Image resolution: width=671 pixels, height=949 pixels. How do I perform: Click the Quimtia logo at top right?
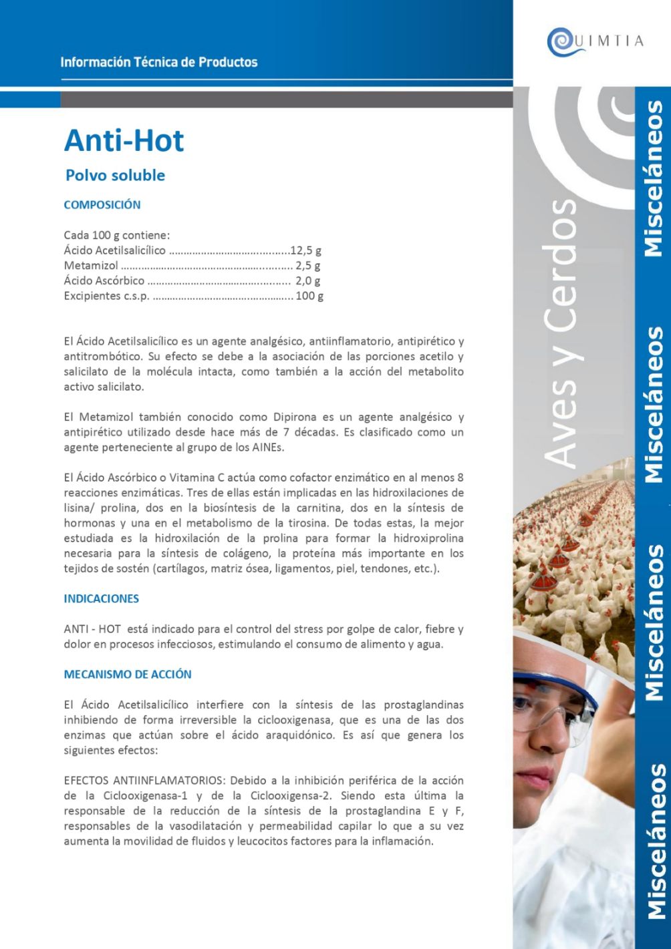coord(594,41)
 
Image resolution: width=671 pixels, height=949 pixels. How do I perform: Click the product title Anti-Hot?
coord(124,140)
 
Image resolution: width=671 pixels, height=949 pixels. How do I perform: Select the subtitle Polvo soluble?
coord(115,176)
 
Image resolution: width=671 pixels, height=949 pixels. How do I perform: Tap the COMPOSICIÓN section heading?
coord(102,205)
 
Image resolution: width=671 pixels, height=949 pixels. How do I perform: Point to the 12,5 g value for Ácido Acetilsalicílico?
coord(305,251)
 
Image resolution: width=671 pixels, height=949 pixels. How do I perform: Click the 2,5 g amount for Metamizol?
coord(308,266)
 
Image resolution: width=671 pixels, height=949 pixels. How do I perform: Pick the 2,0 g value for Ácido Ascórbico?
coord(308,281)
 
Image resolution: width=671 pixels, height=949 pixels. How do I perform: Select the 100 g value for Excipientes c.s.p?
coord(309,296)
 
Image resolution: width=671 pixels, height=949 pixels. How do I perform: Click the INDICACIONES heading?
coord(101,599)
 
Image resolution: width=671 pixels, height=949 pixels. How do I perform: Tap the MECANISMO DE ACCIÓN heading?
coord(127,675)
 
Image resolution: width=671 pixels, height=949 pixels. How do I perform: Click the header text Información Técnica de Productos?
coord(158,62)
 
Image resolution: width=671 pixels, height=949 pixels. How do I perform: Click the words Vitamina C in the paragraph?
coord(191,478)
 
